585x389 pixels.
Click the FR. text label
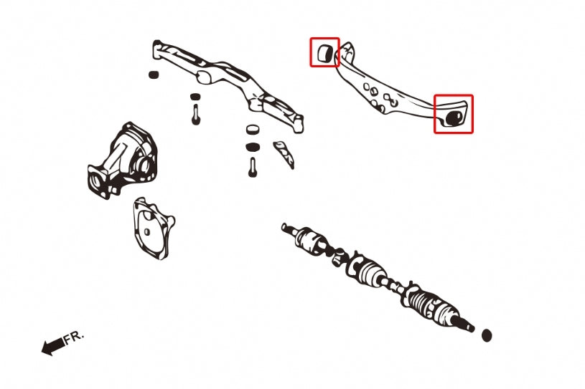point(73,337)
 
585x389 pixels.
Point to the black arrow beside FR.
point(52,347)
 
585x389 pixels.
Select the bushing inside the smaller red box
point(324,53)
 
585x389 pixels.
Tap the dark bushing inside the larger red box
point(454,117)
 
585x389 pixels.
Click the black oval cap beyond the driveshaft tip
point(487,335)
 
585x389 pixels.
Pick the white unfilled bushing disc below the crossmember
point(253,129)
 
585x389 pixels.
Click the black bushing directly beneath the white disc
point(253,147)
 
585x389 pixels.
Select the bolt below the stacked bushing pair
point(253,167)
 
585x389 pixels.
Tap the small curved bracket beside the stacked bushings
point(284,154)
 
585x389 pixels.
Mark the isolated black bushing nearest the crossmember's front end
point(154,74)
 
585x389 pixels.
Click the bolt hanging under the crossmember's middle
point(196,115)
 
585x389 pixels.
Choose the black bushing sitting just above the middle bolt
point(195,97)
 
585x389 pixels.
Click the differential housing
point(123,160)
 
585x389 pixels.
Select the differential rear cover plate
point(153,229)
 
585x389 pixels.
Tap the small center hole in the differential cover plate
point(147,232)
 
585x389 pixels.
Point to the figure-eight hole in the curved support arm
point(390,99)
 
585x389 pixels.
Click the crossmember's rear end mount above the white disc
point(297,124)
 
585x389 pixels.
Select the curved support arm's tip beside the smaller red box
point(347,49)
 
